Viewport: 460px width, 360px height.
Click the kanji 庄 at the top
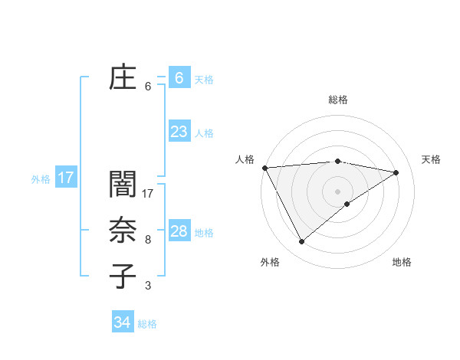click(123, 77)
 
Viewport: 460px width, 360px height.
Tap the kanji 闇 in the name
click(123, 185)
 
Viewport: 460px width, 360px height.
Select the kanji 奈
click(123, 231)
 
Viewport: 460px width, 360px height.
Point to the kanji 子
click(123, 277)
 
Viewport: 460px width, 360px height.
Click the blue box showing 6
click(179, 77)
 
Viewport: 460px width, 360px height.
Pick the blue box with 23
click(179, 132)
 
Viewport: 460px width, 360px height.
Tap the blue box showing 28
click(179, 231)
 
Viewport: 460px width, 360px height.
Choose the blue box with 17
click(66, 178)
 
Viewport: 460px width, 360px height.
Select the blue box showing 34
click(122, 322)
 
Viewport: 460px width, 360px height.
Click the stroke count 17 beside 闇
click(149, 194)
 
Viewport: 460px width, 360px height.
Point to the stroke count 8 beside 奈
click(147, 240)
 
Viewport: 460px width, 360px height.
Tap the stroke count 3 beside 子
click(147, 286)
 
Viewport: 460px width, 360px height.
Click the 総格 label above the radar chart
click(338, 100)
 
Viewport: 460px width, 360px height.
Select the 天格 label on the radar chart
click(431, 159)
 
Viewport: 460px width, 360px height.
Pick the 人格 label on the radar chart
click(245, 159)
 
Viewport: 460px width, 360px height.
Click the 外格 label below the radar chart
click(270, 262)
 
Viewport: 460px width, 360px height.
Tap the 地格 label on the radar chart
click(402, 262)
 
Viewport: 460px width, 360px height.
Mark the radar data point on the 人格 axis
click(264, 167)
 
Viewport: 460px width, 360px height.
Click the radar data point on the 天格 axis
click(396, 172)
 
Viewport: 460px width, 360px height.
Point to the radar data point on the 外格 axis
click(301, 242)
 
